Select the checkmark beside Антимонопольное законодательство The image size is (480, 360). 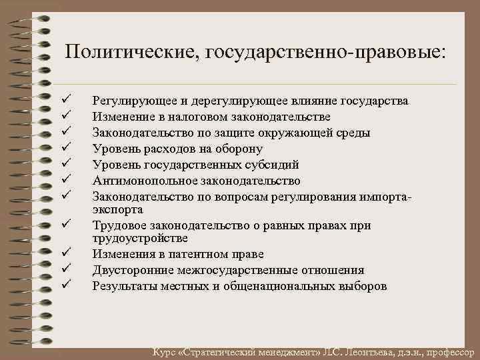[x=65, y=180]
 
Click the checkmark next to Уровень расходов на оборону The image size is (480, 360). [x=65, y=148]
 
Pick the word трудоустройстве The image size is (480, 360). [x=140, y=238]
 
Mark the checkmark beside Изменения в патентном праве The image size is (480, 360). [x=65, y=254]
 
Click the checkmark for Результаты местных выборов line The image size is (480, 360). [x=65, y=286]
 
